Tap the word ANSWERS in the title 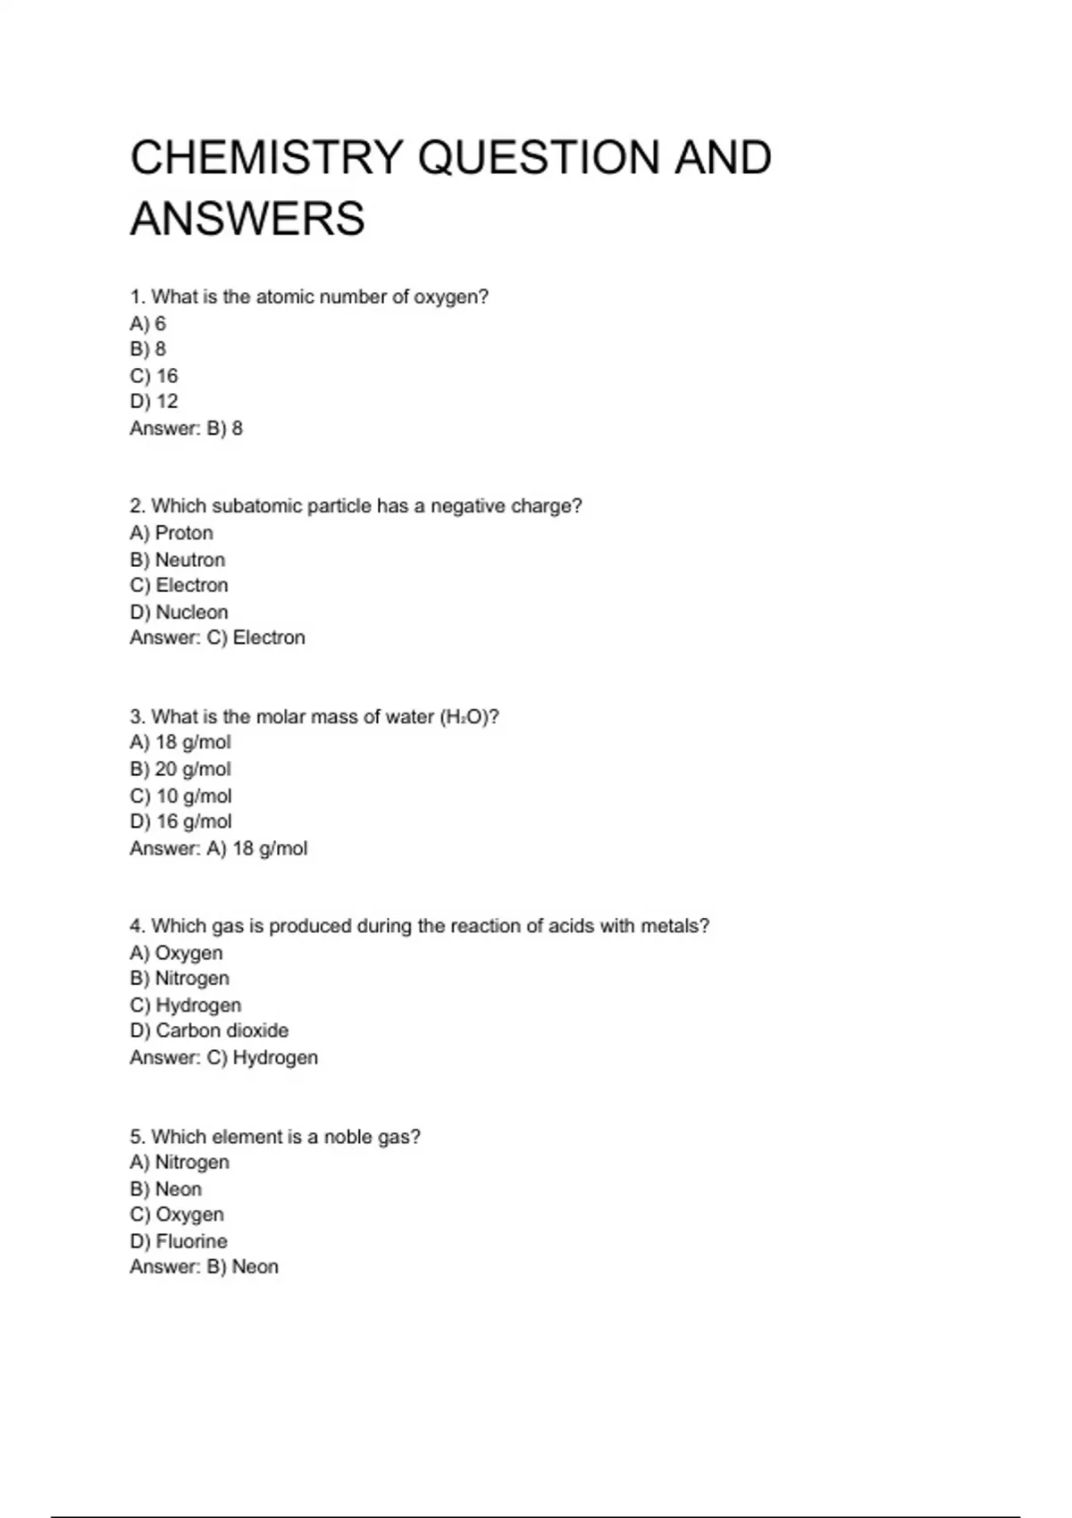[247, 219]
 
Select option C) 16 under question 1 [154, 376]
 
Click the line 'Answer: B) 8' [186, 429]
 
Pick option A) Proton [172, 533]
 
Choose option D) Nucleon [179, 613]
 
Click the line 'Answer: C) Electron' [217, 638]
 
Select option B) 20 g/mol [180, 769]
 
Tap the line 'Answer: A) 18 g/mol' [218, 848]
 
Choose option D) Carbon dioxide [209, 1030]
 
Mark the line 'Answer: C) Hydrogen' [223, 1057]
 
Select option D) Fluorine [179, 1241]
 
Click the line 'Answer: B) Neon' [204, 1267]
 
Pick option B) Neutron [177, 560]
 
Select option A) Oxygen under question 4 [176, 953]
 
